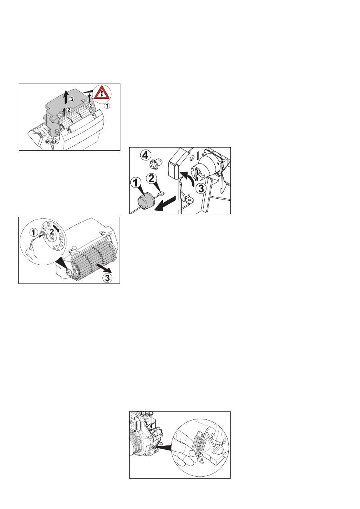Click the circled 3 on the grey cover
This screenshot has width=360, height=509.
pos(72,99)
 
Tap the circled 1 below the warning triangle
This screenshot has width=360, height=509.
pos(108,106)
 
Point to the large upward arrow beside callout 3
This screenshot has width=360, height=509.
pos(66,97)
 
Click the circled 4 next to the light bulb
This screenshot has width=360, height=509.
pos(146,156)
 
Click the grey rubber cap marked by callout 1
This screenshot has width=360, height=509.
pos(146,200)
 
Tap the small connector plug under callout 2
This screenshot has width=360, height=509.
pos(161,194)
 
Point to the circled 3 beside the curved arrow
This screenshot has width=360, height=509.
pos(201,189)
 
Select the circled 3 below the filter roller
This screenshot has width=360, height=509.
pos(107,277)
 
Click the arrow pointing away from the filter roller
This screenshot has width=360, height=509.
pos(103,267)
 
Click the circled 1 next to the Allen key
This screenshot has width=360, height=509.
pos(34,232)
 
